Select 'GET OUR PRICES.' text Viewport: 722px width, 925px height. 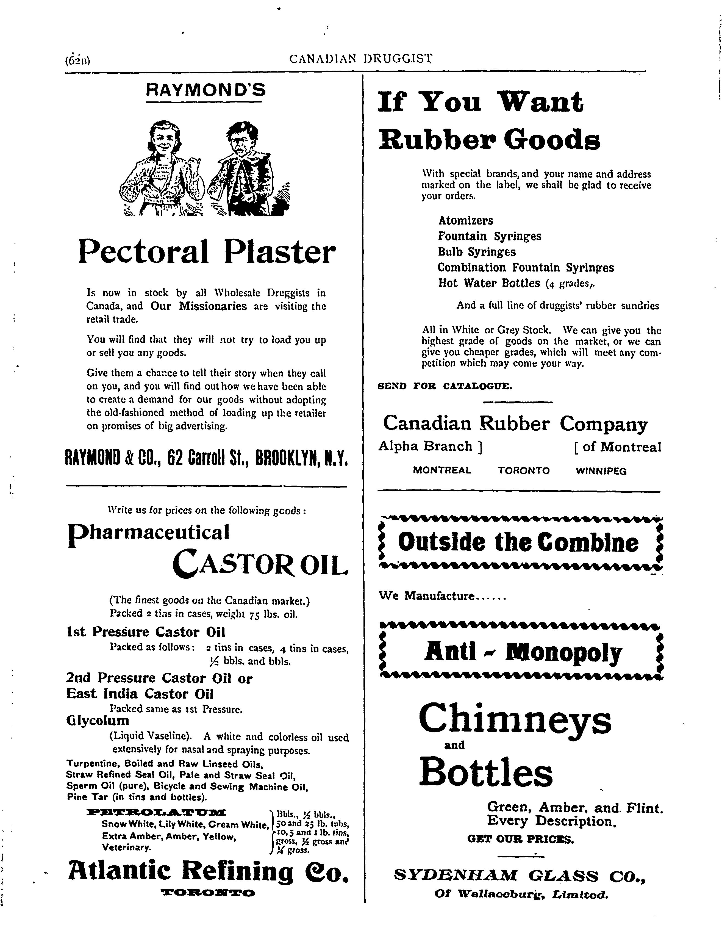coord(520,839)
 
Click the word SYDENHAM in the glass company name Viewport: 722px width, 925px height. coord(455,875)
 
